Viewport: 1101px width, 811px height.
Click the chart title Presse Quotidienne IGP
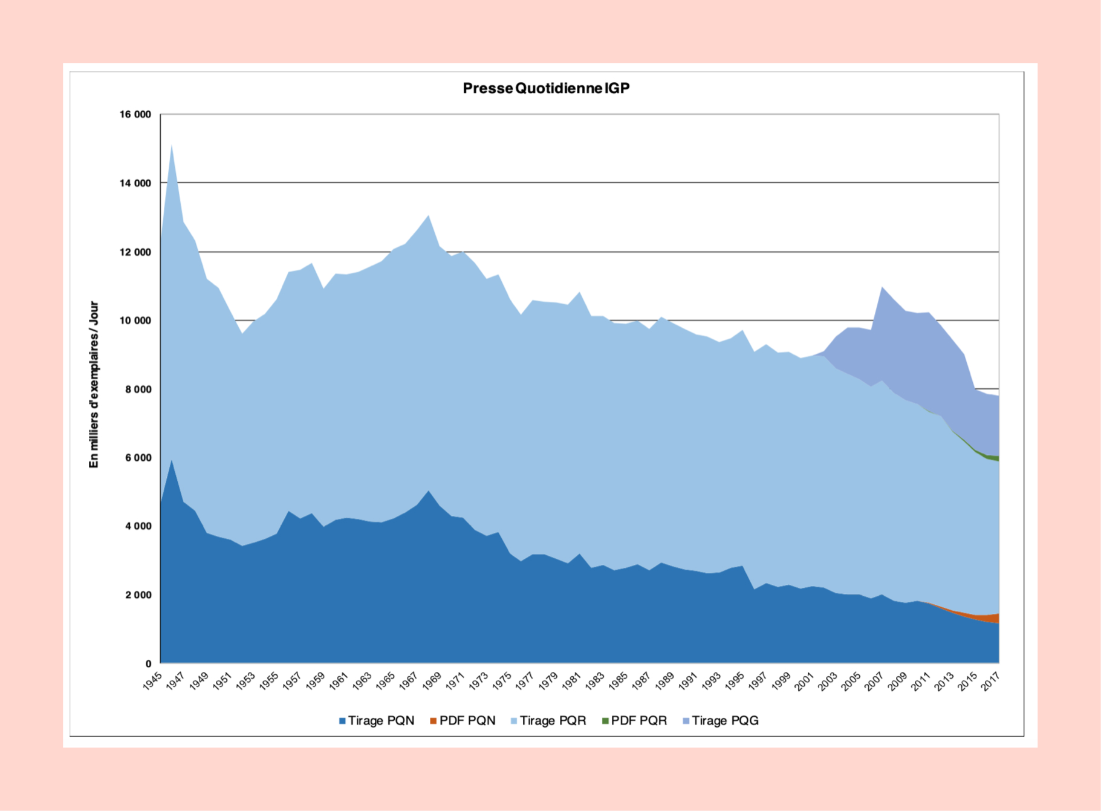tap(546, 88)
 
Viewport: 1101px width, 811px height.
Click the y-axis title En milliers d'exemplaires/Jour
tap(94, 384)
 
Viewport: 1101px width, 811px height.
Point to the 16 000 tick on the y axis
tap(135, 114)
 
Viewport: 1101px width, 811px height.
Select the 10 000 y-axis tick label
tap(135, 321)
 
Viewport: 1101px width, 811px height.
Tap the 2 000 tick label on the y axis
tap(138, 595)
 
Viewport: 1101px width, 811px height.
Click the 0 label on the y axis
tap(148, 663)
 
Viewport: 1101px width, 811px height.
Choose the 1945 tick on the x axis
tap(152, 681)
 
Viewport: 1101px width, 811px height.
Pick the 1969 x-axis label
tap(432, 681)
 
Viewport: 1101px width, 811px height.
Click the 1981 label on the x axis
tap(571, 681)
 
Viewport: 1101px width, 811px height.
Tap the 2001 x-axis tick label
tap(804, 681)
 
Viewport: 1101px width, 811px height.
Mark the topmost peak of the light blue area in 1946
tap(172, 146)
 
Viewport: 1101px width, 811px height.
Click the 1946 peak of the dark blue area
tap(172, 461)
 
